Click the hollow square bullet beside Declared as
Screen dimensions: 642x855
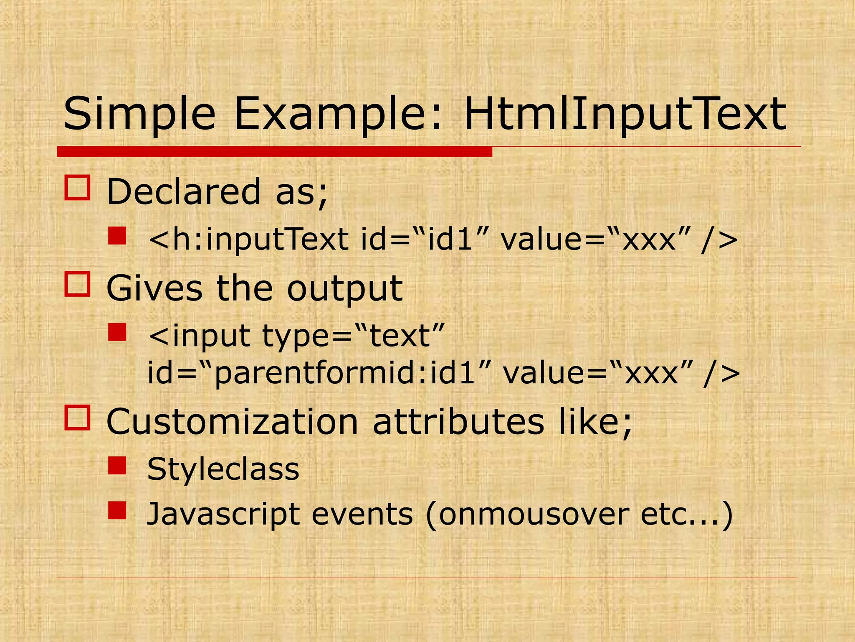[77, 188]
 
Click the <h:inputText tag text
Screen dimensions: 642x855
[248, 239]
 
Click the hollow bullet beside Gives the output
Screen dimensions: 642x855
[77, 284]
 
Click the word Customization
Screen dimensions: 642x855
[232, 422]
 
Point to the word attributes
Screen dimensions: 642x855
[458, 422]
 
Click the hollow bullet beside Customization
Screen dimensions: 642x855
[77, 418]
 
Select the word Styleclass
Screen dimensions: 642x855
[223, 469]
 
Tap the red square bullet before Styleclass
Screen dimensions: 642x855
[117, 466]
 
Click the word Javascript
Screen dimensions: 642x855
[223, 514]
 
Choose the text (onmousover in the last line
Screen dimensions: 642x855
[528, 514]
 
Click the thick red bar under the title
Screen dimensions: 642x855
[274, 152]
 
